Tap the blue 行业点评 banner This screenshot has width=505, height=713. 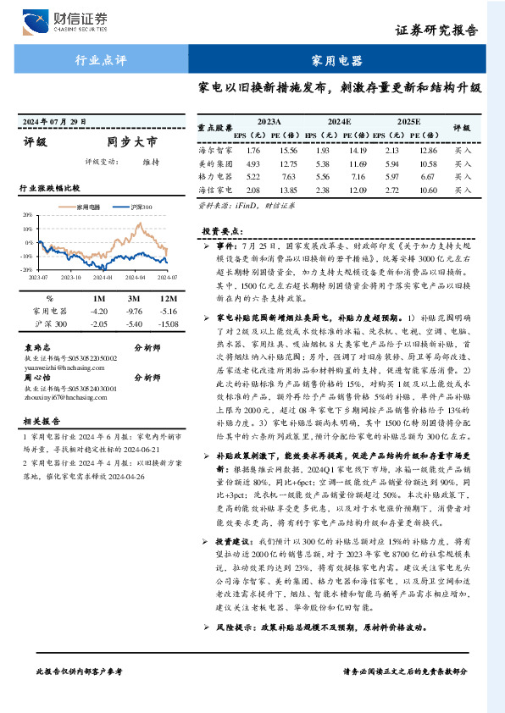pyautogui.click(x=101, y=61)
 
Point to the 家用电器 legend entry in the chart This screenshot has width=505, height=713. pyautogui.click(x=88, y=207)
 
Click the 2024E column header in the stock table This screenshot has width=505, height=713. pyautogui.click(x=339, y=123)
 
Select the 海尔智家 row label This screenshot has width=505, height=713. pyautogui.click(x=214, y=150)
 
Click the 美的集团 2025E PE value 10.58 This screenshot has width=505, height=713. pyautogui.click(x=428, y=163)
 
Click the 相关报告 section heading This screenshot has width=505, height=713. pyautogui.click(x=40, y=421)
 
